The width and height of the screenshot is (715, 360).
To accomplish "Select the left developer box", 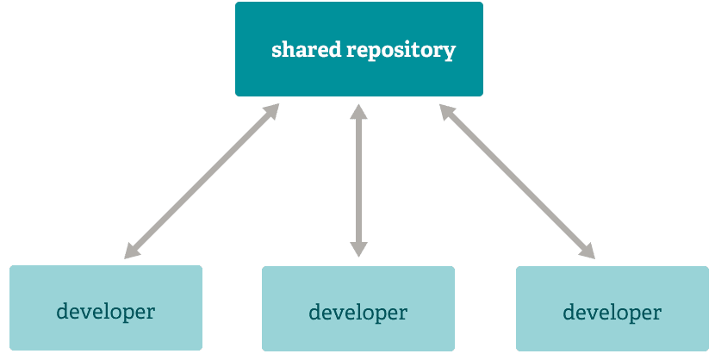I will coord(106,307).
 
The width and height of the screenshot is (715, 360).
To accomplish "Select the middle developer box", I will coord(357,308).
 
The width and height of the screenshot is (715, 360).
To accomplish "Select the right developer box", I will coord(612,308).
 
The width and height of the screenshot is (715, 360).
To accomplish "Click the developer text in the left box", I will coord(106,311).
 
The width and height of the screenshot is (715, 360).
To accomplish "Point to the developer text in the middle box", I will coord(357,312).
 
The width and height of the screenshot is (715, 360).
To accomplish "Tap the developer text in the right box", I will coord(612,312).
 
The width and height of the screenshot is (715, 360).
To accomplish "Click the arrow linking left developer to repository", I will coord(202,181).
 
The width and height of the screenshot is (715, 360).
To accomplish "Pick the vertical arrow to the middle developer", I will coord(358,181).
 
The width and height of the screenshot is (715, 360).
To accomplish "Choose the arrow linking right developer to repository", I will coord(517,181).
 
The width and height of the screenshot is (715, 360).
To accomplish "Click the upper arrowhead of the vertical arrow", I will coord(358,111).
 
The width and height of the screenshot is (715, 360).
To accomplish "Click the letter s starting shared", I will coord(277,51).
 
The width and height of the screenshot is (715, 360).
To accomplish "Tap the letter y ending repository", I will coord(450,53).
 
